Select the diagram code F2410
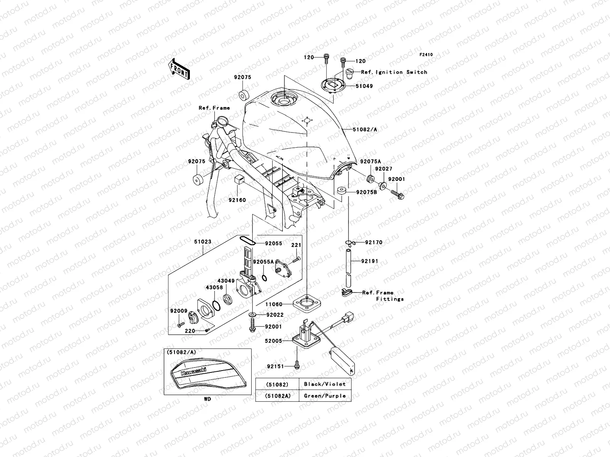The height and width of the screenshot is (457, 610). coord(426,55)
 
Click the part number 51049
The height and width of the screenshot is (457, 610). coord(364,86)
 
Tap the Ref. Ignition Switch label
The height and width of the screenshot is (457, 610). coord(394,72)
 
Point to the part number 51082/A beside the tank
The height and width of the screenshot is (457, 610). coord(365,129)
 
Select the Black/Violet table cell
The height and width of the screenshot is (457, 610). coord(325,384)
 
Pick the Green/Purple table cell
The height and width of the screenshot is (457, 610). coord(325,396)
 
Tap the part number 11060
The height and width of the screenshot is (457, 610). coord(274,304)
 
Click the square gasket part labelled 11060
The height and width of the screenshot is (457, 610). coord(306,304)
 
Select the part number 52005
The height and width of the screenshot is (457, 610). coord(274,341)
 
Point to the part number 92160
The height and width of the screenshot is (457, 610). coord(237,200)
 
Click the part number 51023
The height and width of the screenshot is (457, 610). coord(202,241)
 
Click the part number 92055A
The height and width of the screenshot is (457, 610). coord(263,262)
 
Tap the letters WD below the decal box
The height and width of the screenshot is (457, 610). coord(207,399)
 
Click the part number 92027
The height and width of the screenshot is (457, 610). coord(383,169)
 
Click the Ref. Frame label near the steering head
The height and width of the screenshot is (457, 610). coord(214,108)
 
